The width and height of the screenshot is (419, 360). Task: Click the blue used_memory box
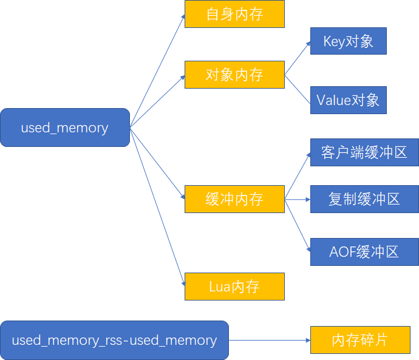tap(65, 127)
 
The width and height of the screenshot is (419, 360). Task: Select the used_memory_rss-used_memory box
tap(114, 340)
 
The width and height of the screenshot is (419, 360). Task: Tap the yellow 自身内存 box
tap(234, 14)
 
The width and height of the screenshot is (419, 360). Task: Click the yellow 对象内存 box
tap(234, 75)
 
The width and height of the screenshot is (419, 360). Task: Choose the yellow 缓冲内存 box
tap(234, 199)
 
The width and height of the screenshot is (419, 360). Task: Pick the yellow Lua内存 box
tap(234, 287)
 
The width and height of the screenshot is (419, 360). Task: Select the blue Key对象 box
tap(348, 41)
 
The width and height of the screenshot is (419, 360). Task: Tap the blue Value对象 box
tap(348, 100)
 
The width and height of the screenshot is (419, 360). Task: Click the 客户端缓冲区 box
tap(364, 152)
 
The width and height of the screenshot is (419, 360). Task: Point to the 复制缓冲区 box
tap(364, 199)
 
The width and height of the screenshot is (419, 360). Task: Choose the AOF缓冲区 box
tap(364, 252)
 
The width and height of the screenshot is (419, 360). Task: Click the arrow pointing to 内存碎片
tap(270, 341)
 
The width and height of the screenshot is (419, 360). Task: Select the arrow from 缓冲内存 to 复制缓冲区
tap(298, 199)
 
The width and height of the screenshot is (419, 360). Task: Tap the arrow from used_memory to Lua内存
tap(157, 206)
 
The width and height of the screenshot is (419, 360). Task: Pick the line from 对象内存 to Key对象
tap(298, 59)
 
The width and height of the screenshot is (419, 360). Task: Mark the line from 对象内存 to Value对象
tap(298, 87)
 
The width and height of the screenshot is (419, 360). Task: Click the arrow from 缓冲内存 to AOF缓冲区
tap(298, 225)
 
